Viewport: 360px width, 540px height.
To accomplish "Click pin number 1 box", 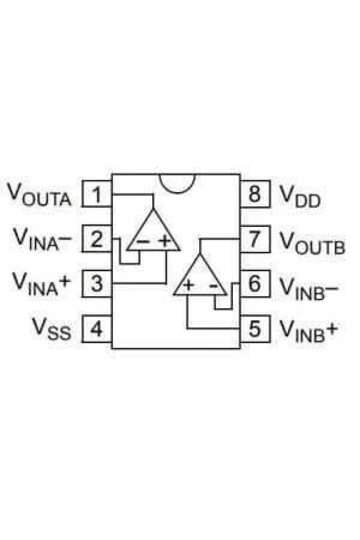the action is (97, 194).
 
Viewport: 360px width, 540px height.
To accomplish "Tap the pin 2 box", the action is (97, 239).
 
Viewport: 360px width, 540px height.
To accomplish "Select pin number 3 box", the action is (97, 284).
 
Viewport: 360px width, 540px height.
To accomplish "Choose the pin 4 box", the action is (97, 329).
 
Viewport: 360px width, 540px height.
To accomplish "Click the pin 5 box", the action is (255, 329).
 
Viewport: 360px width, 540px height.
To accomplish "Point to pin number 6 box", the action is (255, 284).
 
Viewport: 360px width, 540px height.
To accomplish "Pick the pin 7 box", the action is (255, 239).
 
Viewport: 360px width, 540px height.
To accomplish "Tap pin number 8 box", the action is (255, 194).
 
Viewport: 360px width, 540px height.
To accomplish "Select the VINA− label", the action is (42, 239).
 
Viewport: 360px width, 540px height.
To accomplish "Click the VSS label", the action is (52, 329).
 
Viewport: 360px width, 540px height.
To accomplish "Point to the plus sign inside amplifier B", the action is (188, 285).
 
